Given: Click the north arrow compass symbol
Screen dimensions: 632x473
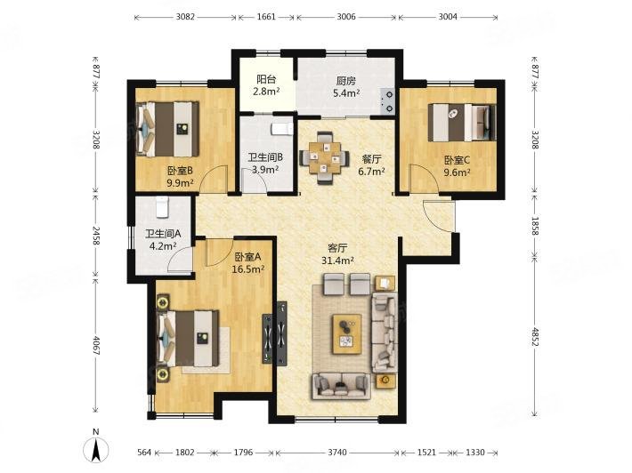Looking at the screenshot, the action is (x=96, y=447).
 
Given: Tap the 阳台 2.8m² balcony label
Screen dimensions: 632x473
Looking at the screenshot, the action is (x=266, y=85).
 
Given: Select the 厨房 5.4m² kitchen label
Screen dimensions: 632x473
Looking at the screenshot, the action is (x=346, y=87).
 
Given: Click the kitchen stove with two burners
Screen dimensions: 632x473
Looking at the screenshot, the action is (x=388, y=101).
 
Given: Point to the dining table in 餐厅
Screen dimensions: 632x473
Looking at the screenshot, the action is (x=325, y=157).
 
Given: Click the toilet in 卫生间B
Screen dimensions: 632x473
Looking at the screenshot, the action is (x=282, y=128).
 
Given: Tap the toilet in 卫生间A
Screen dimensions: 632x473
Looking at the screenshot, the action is (x=162, y=207).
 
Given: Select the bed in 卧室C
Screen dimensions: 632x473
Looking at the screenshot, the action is (x=462, y=123).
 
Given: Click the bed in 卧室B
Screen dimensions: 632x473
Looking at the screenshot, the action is (x=167, y=129).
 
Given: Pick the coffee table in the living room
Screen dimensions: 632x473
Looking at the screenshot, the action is (x=346, y=333).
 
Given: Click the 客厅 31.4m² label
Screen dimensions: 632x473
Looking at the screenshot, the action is (x=337, y=254).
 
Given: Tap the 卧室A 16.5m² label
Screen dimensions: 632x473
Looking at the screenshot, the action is (x=247, y=262).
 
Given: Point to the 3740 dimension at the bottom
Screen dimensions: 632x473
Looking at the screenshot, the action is (x=337, y=453).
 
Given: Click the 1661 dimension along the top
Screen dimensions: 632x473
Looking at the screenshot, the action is (x=266, y=17).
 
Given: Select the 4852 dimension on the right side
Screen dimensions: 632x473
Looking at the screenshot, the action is (x=535, y=337).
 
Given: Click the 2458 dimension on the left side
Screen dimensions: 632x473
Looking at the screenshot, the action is (x=96, y=236).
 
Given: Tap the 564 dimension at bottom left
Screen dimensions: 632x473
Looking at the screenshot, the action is (x=144, y=453).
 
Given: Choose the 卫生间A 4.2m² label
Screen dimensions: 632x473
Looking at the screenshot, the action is (x=163, y=239).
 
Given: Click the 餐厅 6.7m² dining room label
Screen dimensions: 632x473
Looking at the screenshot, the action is (x=371, y=165).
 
